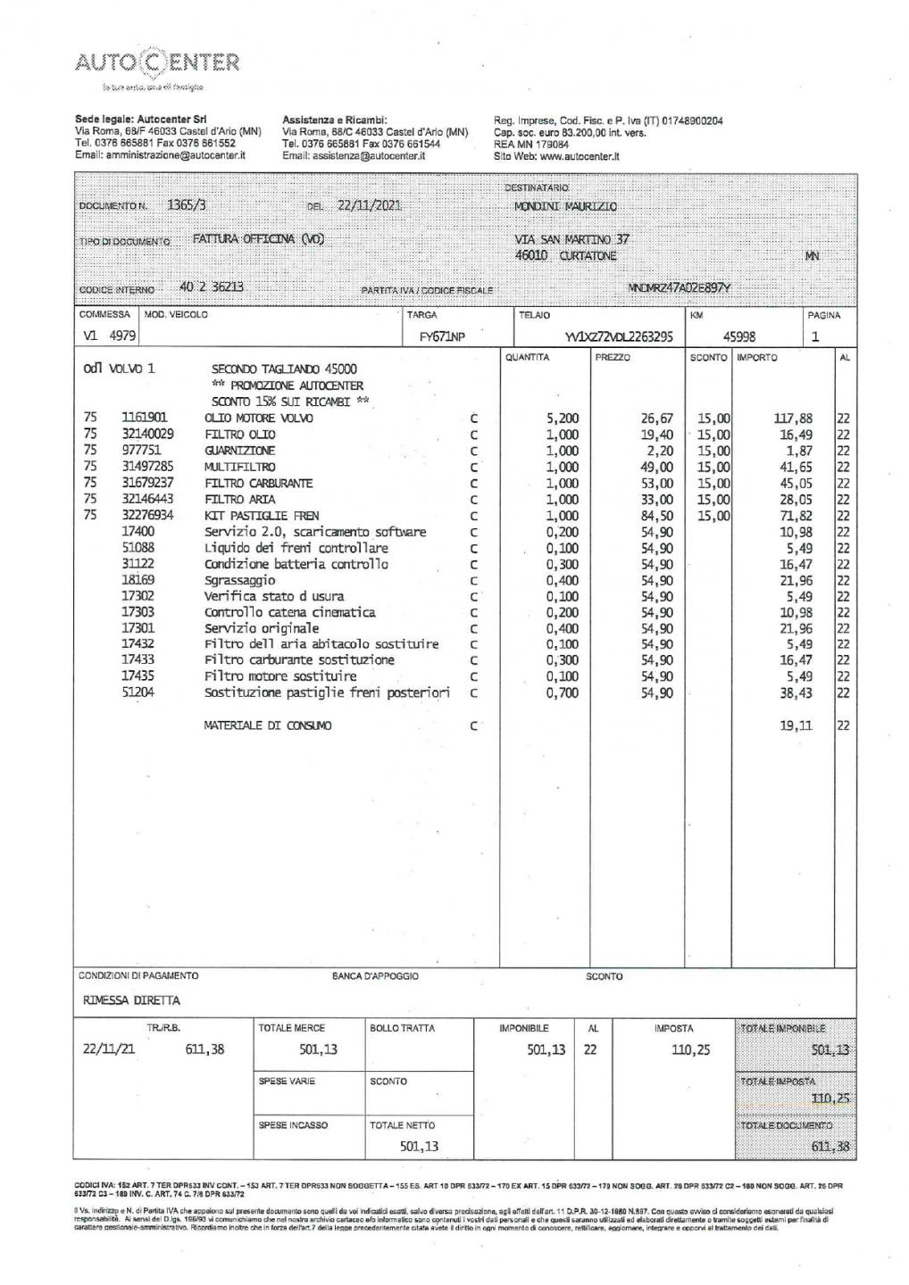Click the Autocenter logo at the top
(x=157, y=64)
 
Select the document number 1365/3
(x=187, y=204)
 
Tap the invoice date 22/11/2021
(x=369, y=205)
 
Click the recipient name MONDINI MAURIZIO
(x=565, y=207)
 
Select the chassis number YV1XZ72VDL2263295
(x=619, y=337)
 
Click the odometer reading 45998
(x=738, y=337)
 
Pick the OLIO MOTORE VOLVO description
(x=259, y=419)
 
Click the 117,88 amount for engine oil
(x=793, y=419)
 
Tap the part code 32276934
(x=147, y=516)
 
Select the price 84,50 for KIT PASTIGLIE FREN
(x=656, y=516)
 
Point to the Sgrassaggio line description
(x=240, y=580)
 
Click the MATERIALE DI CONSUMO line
(x=268, y=726)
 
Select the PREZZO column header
(x=613, y=358)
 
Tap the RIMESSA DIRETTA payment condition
(x=131, y=1000)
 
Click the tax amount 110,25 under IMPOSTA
(x=690, y=1050)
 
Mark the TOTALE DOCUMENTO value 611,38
(x=830, y=1147)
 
